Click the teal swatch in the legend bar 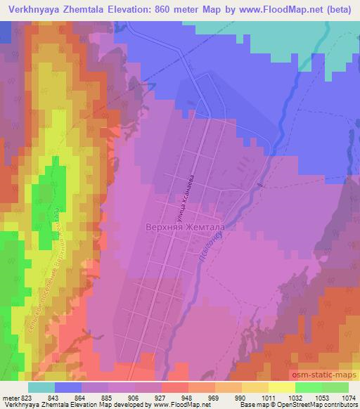tap(41, 387)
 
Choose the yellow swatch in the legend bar tap(282, 387)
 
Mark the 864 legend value tap(67, 398)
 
